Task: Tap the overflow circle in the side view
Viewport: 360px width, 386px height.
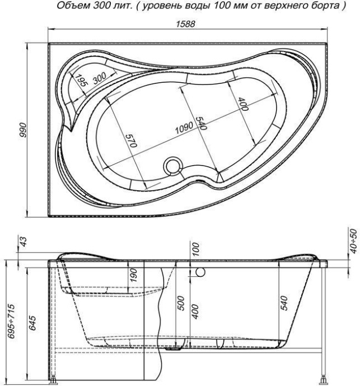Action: (200, 271)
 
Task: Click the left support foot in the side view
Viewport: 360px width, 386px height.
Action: (53, 381)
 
